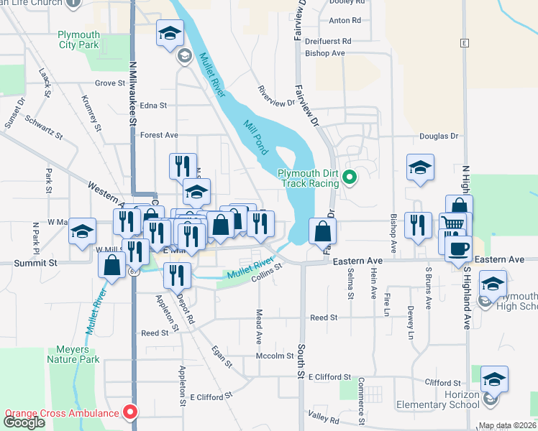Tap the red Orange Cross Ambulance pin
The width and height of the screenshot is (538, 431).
[130, 412]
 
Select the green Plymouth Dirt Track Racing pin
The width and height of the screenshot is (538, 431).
[350, 175]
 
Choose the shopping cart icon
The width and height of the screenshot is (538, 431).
[452, 225]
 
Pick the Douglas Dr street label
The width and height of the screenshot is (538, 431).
[439, 136]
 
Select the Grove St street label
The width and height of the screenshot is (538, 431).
[110, 83]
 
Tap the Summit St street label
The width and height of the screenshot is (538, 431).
[35, 264]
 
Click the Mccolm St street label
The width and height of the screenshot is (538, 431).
[275, 356]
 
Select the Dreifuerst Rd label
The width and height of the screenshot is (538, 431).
[327, 42]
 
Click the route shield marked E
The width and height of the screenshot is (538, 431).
[465, 42]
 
